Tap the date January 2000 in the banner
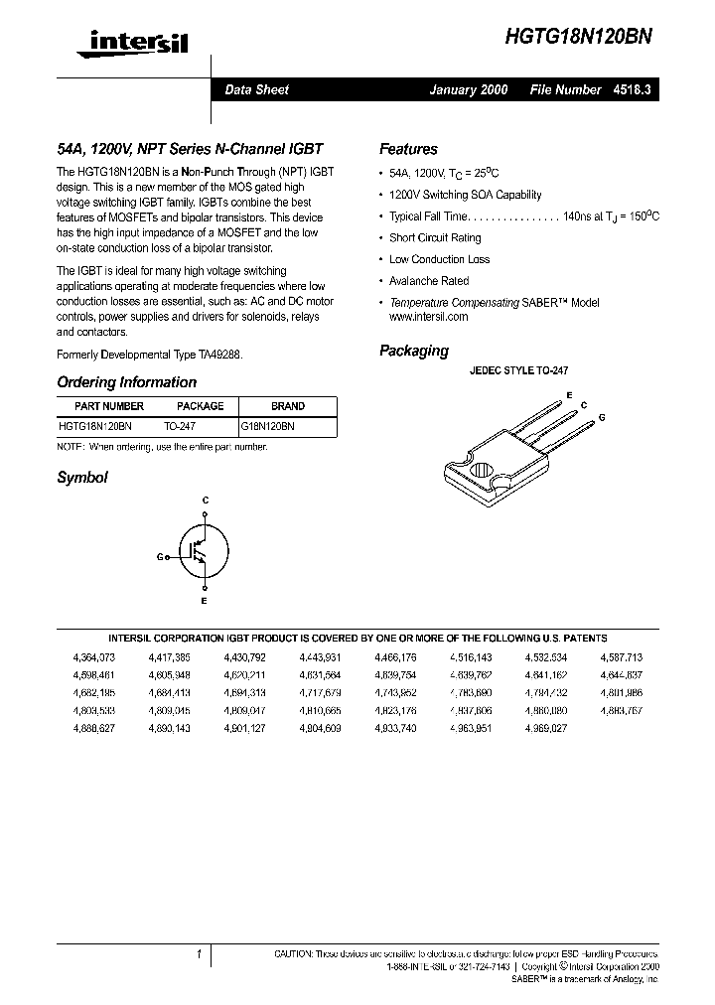tap(468, 89)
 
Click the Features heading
tap(408, 150)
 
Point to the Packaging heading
tap(414, 351)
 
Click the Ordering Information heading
tap(126, 382)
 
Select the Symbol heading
tap(81, 478)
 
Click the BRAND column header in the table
tap(288, 406)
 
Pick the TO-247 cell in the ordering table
tap(180, 425)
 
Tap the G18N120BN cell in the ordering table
tap(268, 425)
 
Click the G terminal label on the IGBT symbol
tap(159, 557)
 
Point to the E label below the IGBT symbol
tap(205, 602)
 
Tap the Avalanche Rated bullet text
tap(429, 281)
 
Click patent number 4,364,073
tap(94, 657)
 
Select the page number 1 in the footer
tap(199, 954)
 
